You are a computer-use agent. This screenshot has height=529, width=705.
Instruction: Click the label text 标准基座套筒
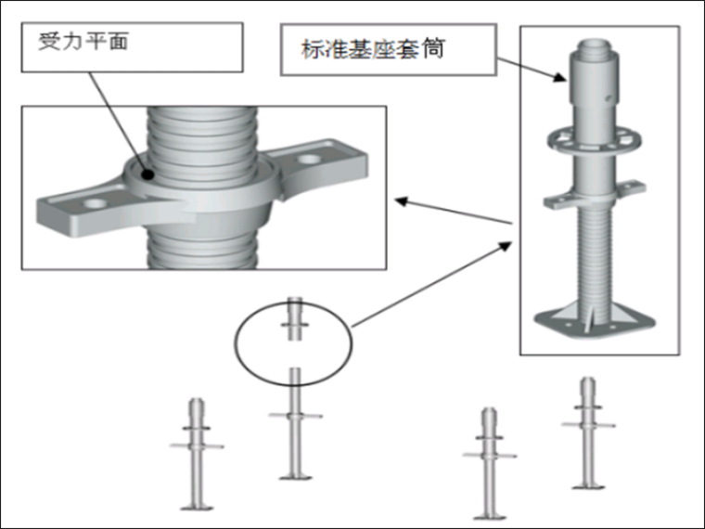pyautogui.click(x=372, y=48)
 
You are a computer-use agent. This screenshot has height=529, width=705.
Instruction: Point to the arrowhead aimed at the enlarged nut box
pyautogui.click(x=400, y=199)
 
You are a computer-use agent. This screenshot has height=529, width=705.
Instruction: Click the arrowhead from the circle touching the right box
pyautogui.click(x=508, y=243)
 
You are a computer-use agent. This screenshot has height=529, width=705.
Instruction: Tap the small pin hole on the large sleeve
pyautogui.click(x=608, y=96)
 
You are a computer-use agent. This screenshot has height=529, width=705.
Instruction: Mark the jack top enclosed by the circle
pyautogui.click(x=294, y=320)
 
